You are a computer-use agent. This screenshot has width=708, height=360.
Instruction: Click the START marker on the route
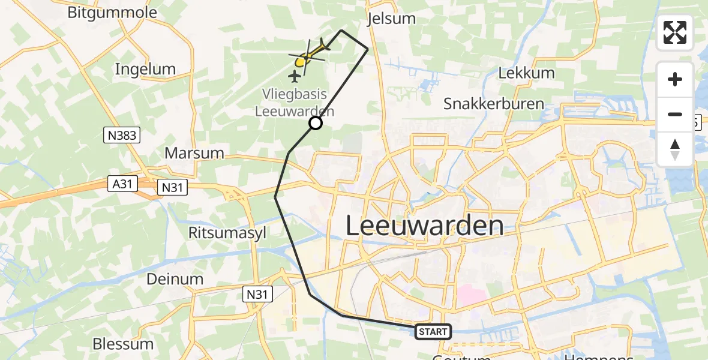click(x=433, y=331)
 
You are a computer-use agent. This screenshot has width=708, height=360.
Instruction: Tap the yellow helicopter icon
click(x=308, y=55)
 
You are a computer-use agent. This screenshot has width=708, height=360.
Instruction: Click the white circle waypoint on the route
click(x=315, y=123)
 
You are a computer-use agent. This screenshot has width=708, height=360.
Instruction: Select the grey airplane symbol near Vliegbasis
click(x=295, y=76)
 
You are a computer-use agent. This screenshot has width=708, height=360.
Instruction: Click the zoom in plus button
click(x=675, y=80)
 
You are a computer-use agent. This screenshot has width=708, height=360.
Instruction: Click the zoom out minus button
click(x=675, y=114)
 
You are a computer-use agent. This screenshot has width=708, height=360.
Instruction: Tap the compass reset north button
click(x=675, y=149)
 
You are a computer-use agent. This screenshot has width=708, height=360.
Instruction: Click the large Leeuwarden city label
click(x=425, y=226)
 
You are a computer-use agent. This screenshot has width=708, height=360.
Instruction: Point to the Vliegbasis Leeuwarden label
click(x=295, y=103)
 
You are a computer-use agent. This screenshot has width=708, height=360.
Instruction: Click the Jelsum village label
click(x=391, y=19)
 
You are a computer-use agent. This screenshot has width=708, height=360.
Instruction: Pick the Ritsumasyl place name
click(x=227, y=232)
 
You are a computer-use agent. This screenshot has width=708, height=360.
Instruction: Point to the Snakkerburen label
click(x=493, y=103)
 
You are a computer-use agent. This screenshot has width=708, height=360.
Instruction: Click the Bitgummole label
click(x=112, y=13)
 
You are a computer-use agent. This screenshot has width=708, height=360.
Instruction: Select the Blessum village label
click(x=123, y=344)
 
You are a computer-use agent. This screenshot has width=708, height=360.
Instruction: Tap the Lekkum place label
click(x=526, y=73)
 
